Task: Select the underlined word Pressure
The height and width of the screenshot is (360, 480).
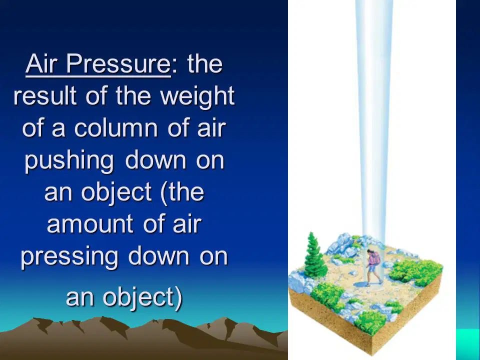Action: [118, 63]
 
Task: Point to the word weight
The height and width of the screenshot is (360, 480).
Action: [197, 96]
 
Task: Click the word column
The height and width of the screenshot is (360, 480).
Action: [116, 127]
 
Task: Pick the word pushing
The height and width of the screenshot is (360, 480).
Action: [69, 160]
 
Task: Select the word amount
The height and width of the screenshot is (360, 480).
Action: [90, 224]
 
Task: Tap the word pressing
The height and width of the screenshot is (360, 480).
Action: [69, 256]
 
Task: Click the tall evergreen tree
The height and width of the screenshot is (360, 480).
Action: [314, 255]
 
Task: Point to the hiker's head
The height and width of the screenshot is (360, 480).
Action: [371, 251]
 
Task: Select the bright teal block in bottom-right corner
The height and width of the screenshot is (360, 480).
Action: [468, 344]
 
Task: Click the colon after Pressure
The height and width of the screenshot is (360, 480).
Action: [174, 65]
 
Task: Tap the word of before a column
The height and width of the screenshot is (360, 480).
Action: [33, 127]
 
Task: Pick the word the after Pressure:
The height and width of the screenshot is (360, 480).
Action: [205, 63]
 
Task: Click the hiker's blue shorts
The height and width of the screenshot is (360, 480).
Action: [372, 268]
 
